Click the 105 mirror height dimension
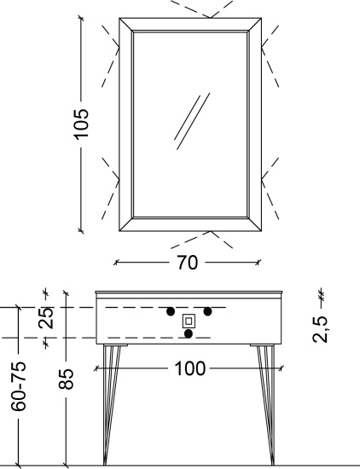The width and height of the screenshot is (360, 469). coord(81,124)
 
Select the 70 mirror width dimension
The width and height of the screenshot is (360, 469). coord(188,263)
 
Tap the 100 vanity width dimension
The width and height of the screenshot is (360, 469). coord(189,368)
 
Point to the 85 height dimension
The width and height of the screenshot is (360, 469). coord(67,379)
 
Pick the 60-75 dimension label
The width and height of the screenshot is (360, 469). coord(19,385)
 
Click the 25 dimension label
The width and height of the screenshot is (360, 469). coord(46,318)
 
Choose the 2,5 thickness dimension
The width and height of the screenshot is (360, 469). coord(320,329)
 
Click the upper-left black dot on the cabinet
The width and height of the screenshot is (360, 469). coord(171,311)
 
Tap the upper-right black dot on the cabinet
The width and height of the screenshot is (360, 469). coord(207,311)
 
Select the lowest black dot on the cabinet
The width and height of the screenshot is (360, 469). coord(189,333)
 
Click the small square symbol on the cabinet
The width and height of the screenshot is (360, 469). coord(189,321)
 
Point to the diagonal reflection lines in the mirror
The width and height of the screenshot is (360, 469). coord(192,121)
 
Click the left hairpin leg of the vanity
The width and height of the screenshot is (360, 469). coord(113,405)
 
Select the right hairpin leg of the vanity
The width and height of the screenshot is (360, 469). coord(266,405)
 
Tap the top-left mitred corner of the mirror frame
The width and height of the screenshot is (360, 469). coord(126,25)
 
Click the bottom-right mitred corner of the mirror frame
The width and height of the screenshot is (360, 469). coord(255,224)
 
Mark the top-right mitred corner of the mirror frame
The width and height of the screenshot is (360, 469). coord(255,25)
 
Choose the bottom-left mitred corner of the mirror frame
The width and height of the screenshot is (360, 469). coord(126,224)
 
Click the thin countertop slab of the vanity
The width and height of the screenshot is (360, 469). coord(189,292)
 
